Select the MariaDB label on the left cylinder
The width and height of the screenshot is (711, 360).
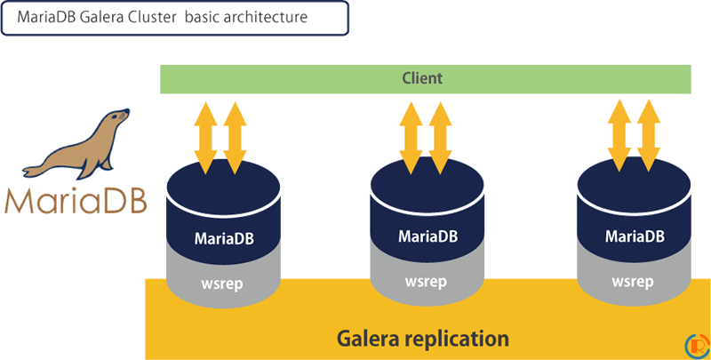coord(225,238)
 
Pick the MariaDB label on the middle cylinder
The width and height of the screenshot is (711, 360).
coord(429,236)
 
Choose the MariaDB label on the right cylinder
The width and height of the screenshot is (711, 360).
coord(635,236)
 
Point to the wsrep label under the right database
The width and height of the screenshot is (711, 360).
coord(635,282)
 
